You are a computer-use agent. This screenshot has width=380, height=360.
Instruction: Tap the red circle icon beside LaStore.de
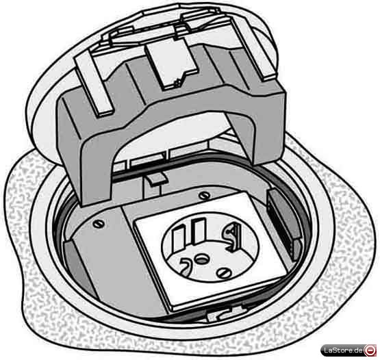[x=369, y=350]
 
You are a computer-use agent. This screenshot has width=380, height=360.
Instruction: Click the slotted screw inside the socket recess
[x=223, y=273]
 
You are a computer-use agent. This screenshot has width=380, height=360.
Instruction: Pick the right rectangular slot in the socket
[x=199, y=231]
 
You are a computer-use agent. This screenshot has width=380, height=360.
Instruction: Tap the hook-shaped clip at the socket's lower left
[x=186, y=266]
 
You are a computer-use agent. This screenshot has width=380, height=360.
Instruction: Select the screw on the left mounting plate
[x=97, y=224]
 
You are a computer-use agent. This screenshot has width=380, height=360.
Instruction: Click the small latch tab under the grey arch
[x=157, y=180]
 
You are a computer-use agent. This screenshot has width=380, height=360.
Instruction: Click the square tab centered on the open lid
[x=172, y=64]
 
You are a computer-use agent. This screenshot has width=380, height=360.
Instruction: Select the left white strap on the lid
[x=94, y=86]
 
